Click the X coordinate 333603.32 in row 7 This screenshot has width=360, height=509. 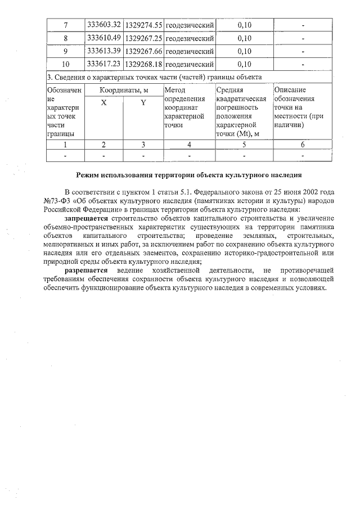tap(104, 25)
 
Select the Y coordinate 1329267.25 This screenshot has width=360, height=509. tap(143, 38)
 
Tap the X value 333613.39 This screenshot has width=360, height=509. tap(104, 51)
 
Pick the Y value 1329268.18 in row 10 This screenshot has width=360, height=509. tap(143, 64)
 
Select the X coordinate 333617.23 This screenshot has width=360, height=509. tap(104, 64)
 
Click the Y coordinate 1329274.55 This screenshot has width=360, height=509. tap(143, 25)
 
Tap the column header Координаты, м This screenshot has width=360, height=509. tap(124, 90)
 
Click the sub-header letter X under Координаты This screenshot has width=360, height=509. tap(103, 103)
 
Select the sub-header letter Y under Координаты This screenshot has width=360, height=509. tap(143, 103)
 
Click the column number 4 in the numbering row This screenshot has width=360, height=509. tap(189, 145)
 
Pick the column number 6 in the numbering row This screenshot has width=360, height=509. tap(303, 145)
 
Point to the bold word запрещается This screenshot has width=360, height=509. tap(87, 218)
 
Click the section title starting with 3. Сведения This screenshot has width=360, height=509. tap(154, 77)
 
